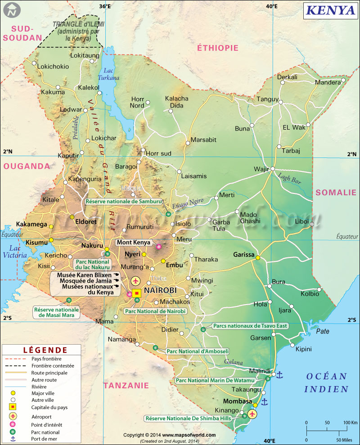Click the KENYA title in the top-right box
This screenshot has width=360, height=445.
click(x=330, y=10)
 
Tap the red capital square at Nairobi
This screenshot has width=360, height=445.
click(x=137, y=293)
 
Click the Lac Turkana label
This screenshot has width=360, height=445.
click(x=111, y=74)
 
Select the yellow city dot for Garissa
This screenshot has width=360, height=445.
click(x=258, y=257)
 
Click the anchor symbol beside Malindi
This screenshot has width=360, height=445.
click(x=279, y=374)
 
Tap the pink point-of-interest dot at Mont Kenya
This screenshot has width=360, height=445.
click(x=158, y=246)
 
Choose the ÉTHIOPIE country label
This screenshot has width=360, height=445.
click(x=217, y=48)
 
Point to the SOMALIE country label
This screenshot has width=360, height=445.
click(x=336, y=193)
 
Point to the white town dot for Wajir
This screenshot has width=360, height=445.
click(x=272, y=169)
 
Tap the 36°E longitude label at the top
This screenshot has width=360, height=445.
click(x=105, y=6)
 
